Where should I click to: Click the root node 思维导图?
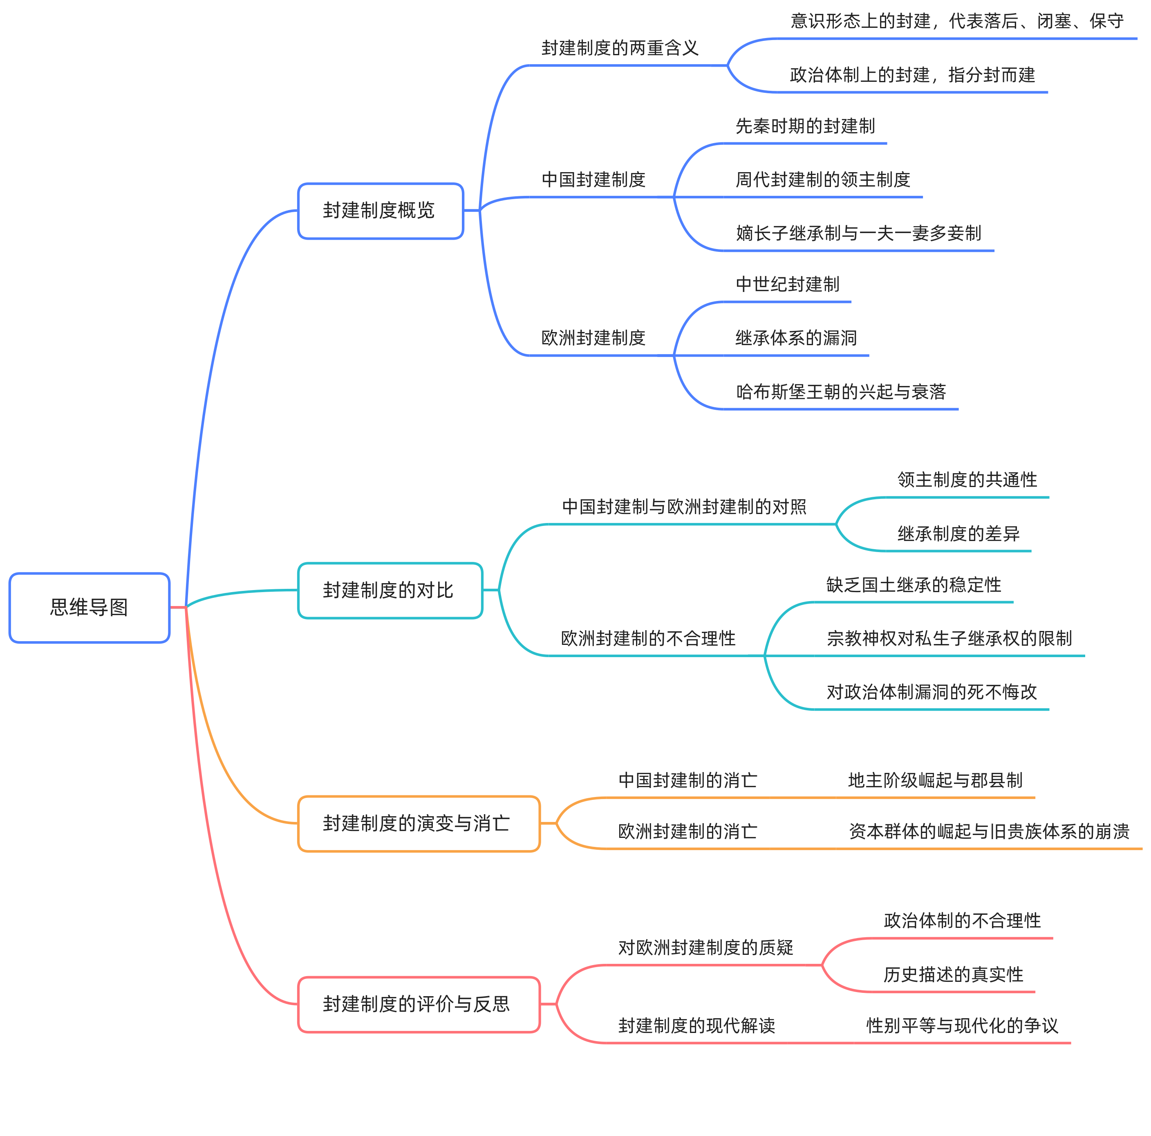(x=90, y=607)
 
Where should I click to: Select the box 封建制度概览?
(x=380, y=211)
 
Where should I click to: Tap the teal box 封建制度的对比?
(x=390, y=590)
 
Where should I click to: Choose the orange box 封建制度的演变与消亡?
(x=418, y=823)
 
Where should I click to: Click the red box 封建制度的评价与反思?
(x=418, y=1004)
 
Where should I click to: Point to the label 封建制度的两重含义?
(x=620, y=48)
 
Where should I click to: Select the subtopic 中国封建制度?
(x=593, y=180)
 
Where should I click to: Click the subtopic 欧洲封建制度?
(x=593, y=338)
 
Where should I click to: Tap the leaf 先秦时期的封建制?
(x=805, y=126)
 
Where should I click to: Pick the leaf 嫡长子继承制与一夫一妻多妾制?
(x=858, y=233)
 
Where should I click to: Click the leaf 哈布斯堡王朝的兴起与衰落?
(x=841, y=392)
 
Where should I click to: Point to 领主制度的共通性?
(x=967, y=480)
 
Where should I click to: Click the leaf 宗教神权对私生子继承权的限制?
(x=949, y=638)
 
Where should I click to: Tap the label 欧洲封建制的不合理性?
(x=648, y=638)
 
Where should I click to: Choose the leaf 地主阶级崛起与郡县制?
(x=935, y=780)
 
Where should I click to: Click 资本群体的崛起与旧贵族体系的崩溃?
(x=989, y=831)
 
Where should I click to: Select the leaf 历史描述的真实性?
(x=953, y=974)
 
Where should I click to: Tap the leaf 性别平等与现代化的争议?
(x=962, y=1025)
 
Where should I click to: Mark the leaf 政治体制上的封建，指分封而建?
(x=912, y=75)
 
